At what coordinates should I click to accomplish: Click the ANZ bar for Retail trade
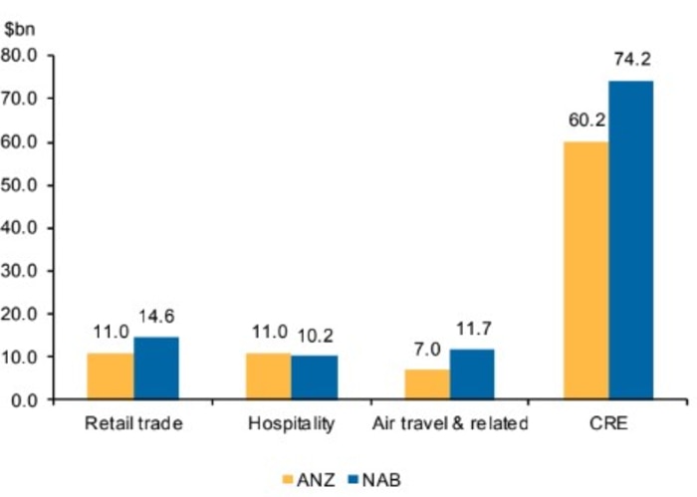tap(110, 376)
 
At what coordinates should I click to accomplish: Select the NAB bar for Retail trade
tap(155, 369)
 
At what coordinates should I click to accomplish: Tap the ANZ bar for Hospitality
tap(269, 376)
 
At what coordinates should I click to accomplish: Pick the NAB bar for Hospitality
tap(315, 377)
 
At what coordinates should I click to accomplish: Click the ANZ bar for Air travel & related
tap(427, 384)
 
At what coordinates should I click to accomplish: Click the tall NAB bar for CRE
tap(631, 240)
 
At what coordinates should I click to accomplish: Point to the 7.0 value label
tap(427, 350)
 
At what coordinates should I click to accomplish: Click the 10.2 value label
tap(318, 336)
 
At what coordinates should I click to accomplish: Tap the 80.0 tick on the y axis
tap(22, 55)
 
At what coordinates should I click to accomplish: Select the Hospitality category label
tap(292, 424)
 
